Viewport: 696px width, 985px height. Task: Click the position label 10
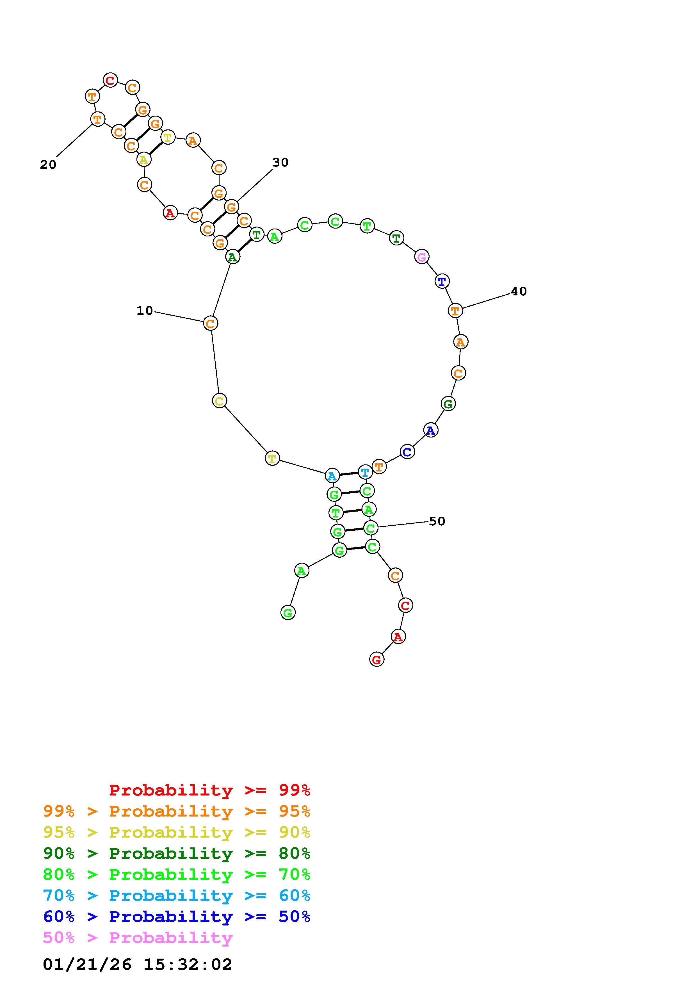[x=145, y=311]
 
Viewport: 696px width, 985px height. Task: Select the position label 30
[x=280, y=162]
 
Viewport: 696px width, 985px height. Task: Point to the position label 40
[x=519, y=291]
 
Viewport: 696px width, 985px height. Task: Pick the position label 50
[x=437, y=521]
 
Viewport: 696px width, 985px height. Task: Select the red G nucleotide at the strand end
[x=376, y=659]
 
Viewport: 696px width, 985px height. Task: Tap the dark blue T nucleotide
[x=442, y=281]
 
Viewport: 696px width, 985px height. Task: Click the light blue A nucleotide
[x=332, y=476]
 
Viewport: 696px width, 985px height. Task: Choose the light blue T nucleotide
[x=365, y=472]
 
